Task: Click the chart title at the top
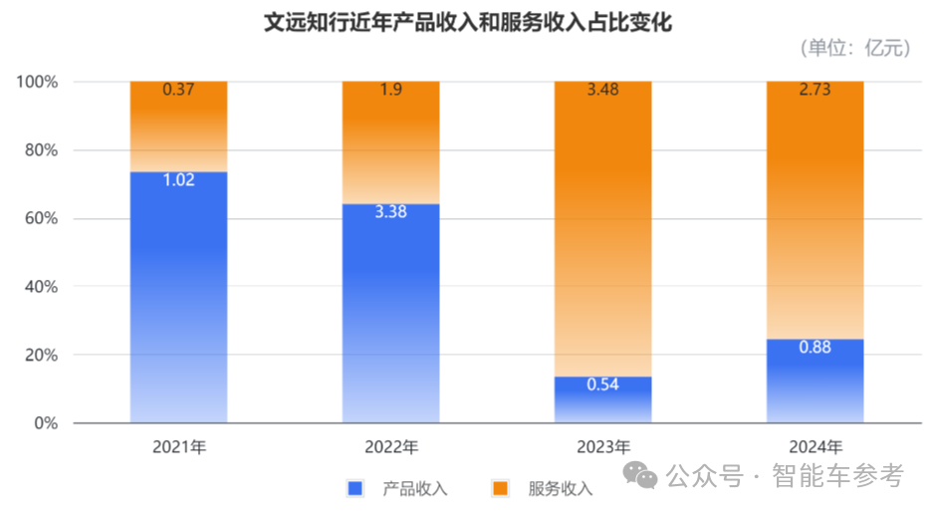click(467, 21)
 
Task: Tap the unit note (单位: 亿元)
click(854, 47)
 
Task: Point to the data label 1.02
click(179, 181)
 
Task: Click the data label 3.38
click(390, 212)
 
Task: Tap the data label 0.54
click(602, 385)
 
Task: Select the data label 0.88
click(815, 348)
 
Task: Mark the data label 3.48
click(602, 91)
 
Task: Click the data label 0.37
click(179, 91)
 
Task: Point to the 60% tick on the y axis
click(40, 219)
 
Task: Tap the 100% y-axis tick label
click(37, 82)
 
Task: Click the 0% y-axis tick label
click(46, 423)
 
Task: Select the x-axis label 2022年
click(390, 446)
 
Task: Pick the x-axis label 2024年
click(815, 446)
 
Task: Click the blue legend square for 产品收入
click(354, 488)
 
